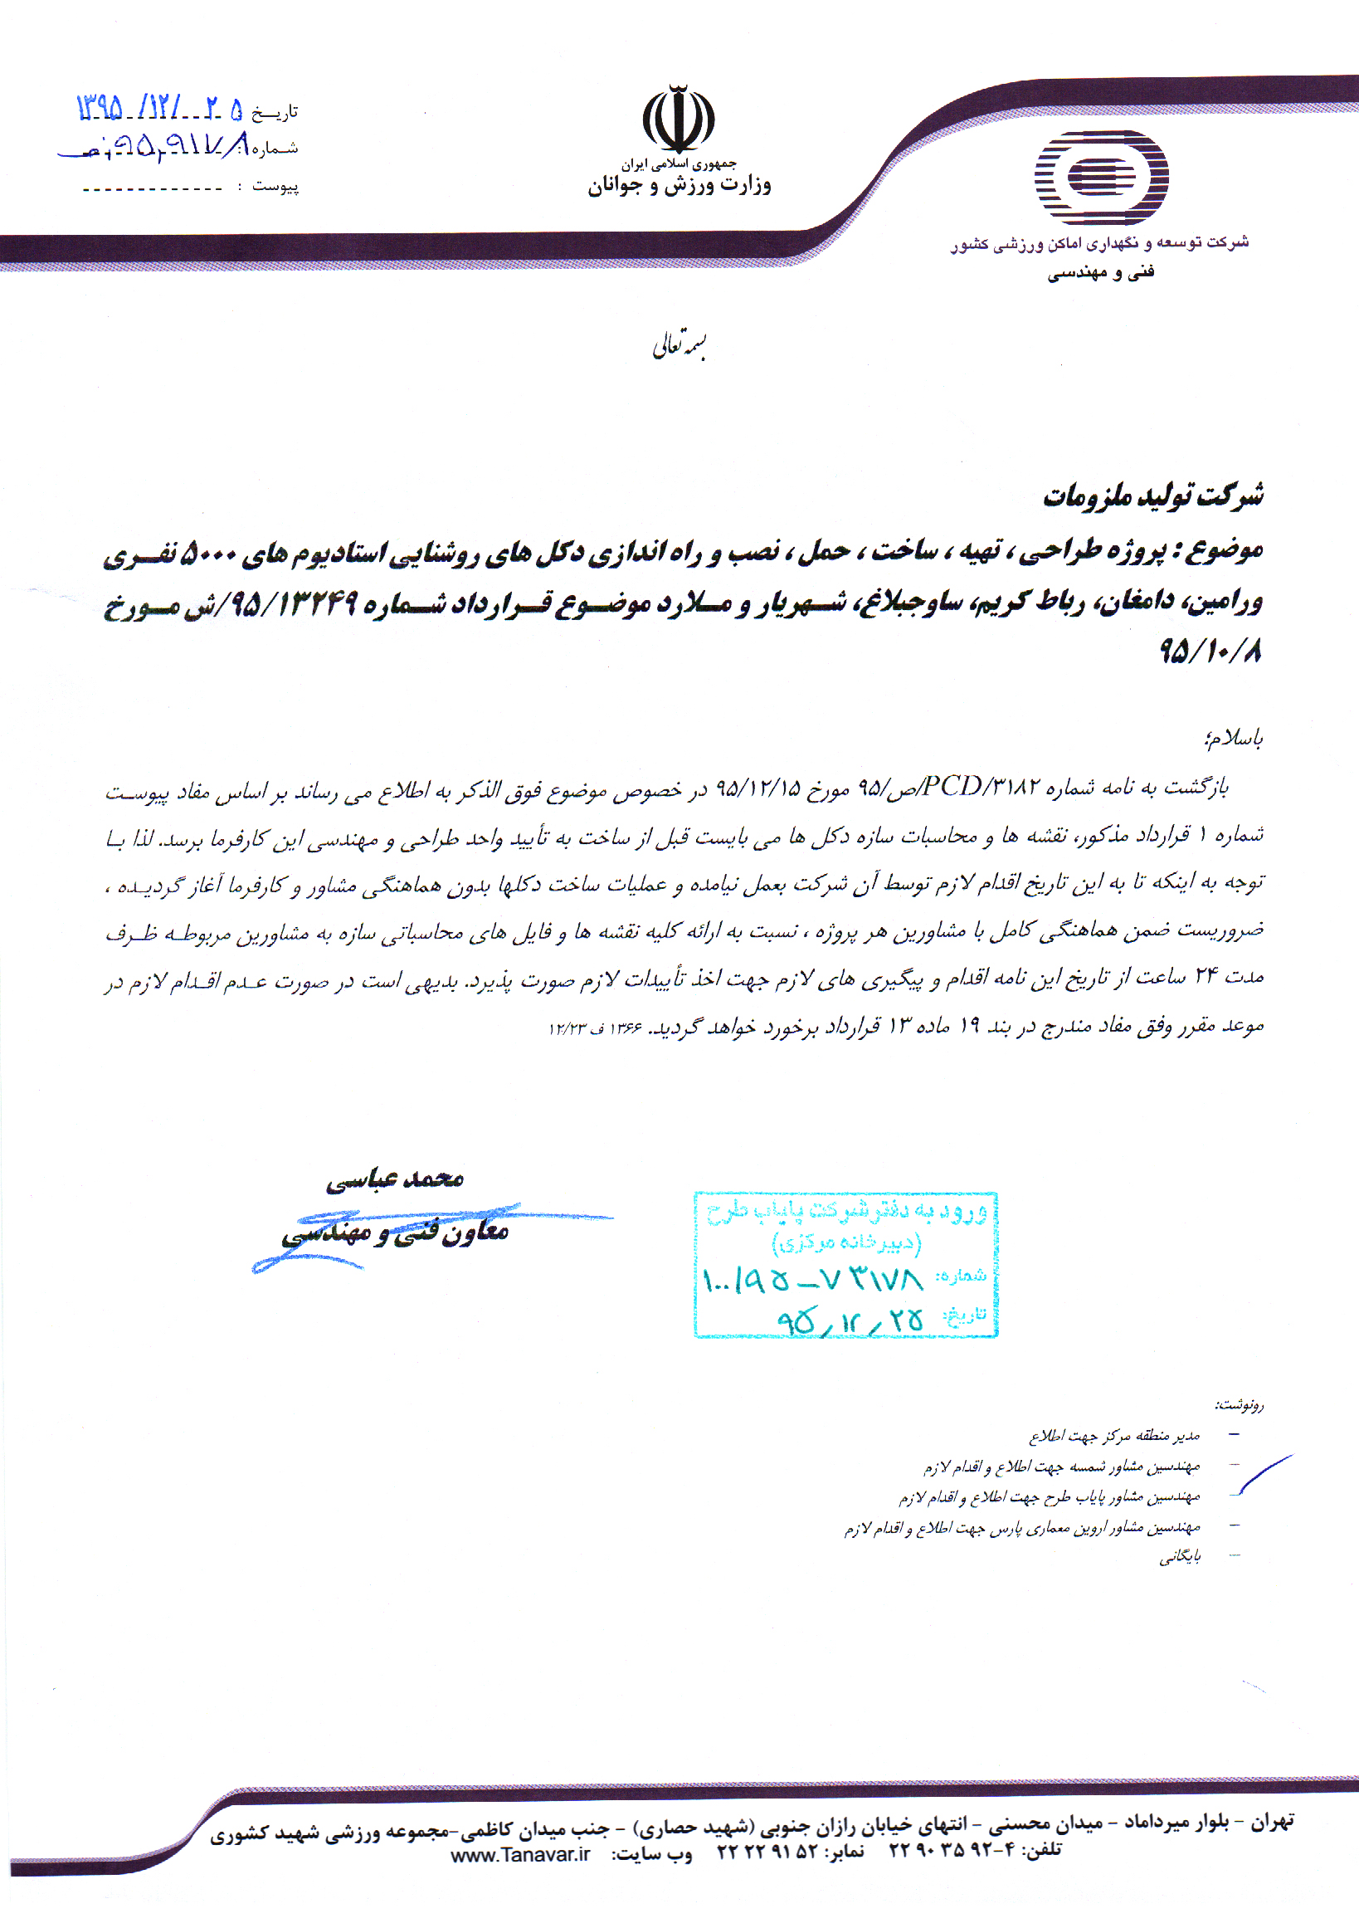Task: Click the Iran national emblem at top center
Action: (678, 119)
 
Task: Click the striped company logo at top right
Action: (1100, 177)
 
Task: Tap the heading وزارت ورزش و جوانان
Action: (678, 186)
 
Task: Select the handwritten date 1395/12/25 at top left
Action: (159, 109)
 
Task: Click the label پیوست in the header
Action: (275, 186)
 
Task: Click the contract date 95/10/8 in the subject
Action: (1210, 651)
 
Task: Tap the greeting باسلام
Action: (1232, 738)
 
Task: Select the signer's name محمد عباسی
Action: (395, 1180)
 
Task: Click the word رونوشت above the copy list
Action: (1239, 1403)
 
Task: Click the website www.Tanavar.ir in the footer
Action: (520, 1854)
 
